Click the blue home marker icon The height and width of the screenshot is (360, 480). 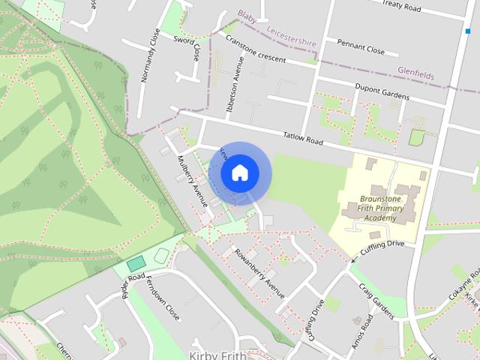click(239, 172)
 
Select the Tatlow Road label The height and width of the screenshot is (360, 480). click(303, 139)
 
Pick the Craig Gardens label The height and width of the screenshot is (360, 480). click(376, 299)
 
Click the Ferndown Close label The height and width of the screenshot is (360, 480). click(163, 301)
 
